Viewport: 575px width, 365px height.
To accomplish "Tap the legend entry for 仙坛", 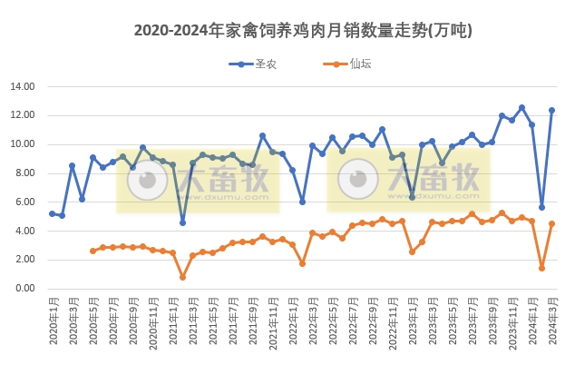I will point(348,64).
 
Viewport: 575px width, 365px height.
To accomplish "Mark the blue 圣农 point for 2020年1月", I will point(52,213).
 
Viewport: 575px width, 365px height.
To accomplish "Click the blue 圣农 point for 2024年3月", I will point(551,110).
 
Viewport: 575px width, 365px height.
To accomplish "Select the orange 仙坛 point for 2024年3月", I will point(551,223).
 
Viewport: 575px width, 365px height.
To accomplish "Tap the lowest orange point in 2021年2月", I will point(182,277).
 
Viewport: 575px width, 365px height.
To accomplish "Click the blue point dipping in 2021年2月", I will point(182,222).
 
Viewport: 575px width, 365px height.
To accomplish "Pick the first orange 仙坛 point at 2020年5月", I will point(93,251).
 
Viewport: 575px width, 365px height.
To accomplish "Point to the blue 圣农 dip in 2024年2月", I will point(541,207).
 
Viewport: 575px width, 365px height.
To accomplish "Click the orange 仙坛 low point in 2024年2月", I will point(541,268).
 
